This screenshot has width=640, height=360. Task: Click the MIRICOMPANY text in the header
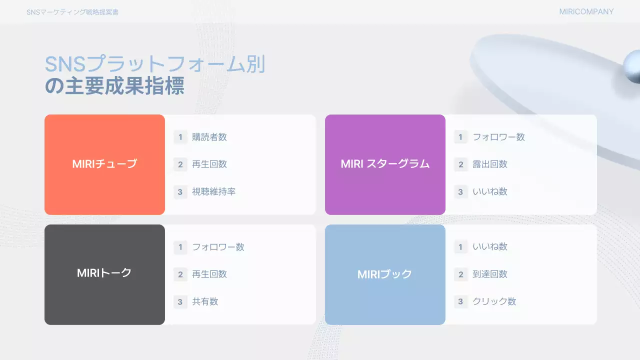pyautogui.click(x=586, y=11)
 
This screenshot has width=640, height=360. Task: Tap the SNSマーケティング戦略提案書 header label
pyautogui.click(x=72, y=12)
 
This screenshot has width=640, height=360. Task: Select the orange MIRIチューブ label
pyautogui.click(x=104, y=164)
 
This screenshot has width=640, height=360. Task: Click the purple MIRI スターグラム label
pyautogui.click(x=385, y=164)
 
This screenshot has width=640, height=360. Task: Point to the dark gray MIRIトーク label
pyautogui.click(x=104, y=273)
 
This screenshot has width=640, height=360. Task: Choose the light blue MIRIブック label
pyautogui.click(x=385, y=274)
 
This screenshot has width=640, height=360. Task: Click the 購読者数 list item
pyautogui.click(x=209, y=137)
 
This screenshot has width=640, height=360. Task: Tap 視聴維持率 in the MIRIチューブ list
pyautogui.click(x=213, y=191)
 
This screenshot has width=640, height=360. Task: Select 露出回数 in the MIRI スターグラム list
pyautogui.click(x=490, y=164)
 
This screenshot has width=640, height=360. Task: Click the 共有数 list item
pyautogui.click(x=205, y=301)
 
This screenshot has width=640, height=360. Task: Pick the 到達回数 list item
pyautogui.click(x=490, y=274)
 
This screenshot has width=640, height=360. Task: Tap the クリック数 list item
pyautogui.click(x=494, y=301)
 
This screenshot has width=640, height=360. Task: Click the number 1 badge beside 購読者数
pyautogui.click(x=180, y=137)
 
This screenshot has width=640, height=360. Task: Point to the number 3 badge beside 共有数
pyautogui.click(x=180, y=301)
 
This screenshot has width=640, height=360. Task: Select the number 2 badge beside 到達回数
pyautogui.click(x=461, y=274)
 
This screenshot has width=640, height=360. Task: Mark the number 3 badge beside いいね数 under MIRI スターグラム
pyautogui.click(x=461, y=191)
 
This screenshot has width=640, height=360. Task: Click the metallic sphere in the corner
pyautogui.click(x=632, y=66)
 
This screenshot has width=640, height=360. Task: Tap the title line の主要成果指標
pyautogui.click(x=114, y=86)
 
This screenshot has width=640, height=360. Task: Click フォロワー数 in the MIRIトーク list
pyautogui.click(x=218, y=246)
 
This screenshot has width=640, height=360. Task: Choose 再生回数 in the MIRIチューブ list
pyautogui.click(x=209, y=164)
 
